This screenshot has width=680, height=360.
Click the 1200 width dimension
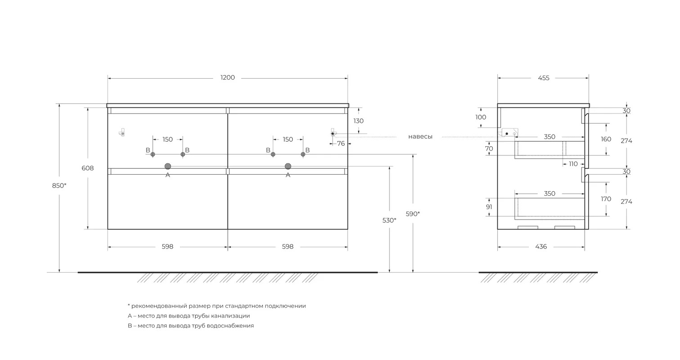(x=228, y=78)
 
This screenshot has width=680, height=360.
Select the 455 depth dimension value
(x=544, y=78)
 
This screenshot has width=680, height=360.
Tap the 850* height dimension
(x=59, y=185)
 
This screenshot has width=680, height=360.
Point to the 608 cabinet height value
(x=88, y=168)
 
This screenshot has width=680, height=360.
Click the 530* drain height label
(x=389, y=220)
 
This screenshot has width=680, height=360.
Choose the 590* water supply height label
(x=413, y=214)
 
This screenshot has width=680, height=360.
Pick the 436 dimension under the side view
(x=541, y=247)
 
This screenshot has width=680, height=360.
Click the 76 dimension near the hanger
(x=341, y=144)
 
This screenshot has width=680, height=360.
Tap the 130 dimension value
(x=358, y=121)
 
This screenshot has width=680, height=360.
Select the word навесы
(x=420, y=137)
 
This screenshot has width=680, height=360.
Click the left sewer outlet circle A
(x=168, y=166)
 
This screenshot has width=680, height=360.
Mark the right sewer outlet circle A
(x=288, y=166)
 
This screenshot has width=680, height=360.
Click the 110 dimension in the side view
(x=573, y=164)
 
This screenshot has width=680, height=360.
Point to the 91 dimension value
(x=489, y=207)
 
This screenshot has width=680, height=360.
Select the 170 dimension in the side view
(x=606, y=199)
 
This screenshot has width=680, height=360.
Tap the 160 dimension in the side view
(x=606, y=139)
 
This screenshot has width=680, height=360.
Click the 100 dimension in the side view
(x=481, y=117)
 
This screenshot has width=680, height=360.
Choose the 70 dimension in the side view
(x=489, y=149)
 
